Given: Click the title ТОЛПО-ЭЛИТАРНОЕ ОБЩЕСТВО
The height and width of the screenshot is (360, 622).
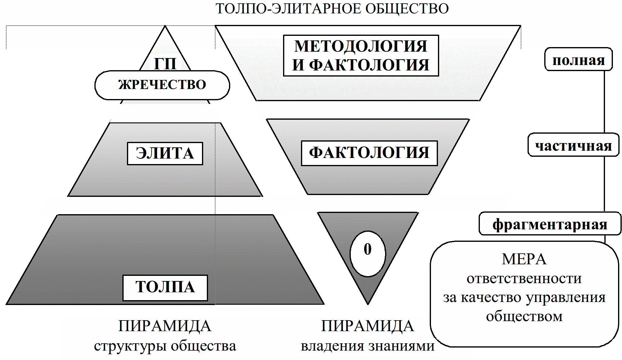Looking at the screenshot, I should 332,9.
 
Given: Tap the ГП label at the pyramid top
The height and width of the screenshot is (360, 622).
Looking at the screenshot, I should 165,63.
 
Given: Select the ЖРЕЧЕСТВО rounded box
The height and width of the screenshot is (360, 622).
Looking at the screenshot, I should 162,85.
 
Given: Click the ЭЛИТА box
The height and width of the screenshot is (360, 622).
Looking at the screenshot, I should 165,153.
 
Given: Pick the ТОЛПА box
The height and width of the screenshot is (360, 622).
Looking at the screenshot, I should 165,287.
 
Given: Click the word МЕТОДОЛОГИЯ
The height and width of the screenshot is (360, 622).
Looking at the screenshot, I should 361,46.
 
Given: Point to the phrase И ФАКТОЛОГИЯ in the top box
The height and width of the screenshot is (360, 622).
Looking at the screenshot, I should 361,65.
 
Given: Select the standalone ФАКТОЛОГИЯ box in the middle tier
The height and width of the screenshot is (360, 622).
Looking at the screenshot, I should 369,153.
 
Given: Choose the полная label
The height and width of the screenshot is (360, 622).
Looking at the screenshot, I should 578,60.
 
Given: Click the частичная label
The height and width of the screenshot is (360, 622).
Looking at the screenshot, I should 573,146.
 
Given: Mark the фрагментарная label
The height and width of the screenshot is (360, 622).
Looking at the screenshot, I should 550,224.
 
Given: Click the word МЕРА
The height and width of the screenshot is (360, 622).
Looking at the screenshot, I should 524,259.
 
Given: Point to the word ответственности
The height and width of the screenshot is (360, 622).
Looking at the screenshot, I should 524,278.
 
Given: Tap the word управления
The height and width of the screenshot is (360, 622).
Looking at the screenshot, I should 566,298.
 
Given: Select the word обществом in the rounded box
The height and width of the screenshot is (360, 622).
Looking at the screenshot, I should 524,316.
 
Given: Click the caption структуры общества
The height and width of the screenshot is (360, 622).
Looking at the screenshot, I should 165,346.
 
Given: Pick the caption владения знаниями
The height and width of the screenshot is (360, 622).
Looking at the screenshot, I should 367,346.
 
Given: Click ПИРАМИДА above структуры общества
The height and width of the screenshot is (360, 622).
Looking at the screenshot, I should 165,326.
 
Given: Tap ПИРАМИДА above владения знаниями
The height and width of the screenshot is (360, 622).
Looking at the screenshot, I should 367,326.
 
